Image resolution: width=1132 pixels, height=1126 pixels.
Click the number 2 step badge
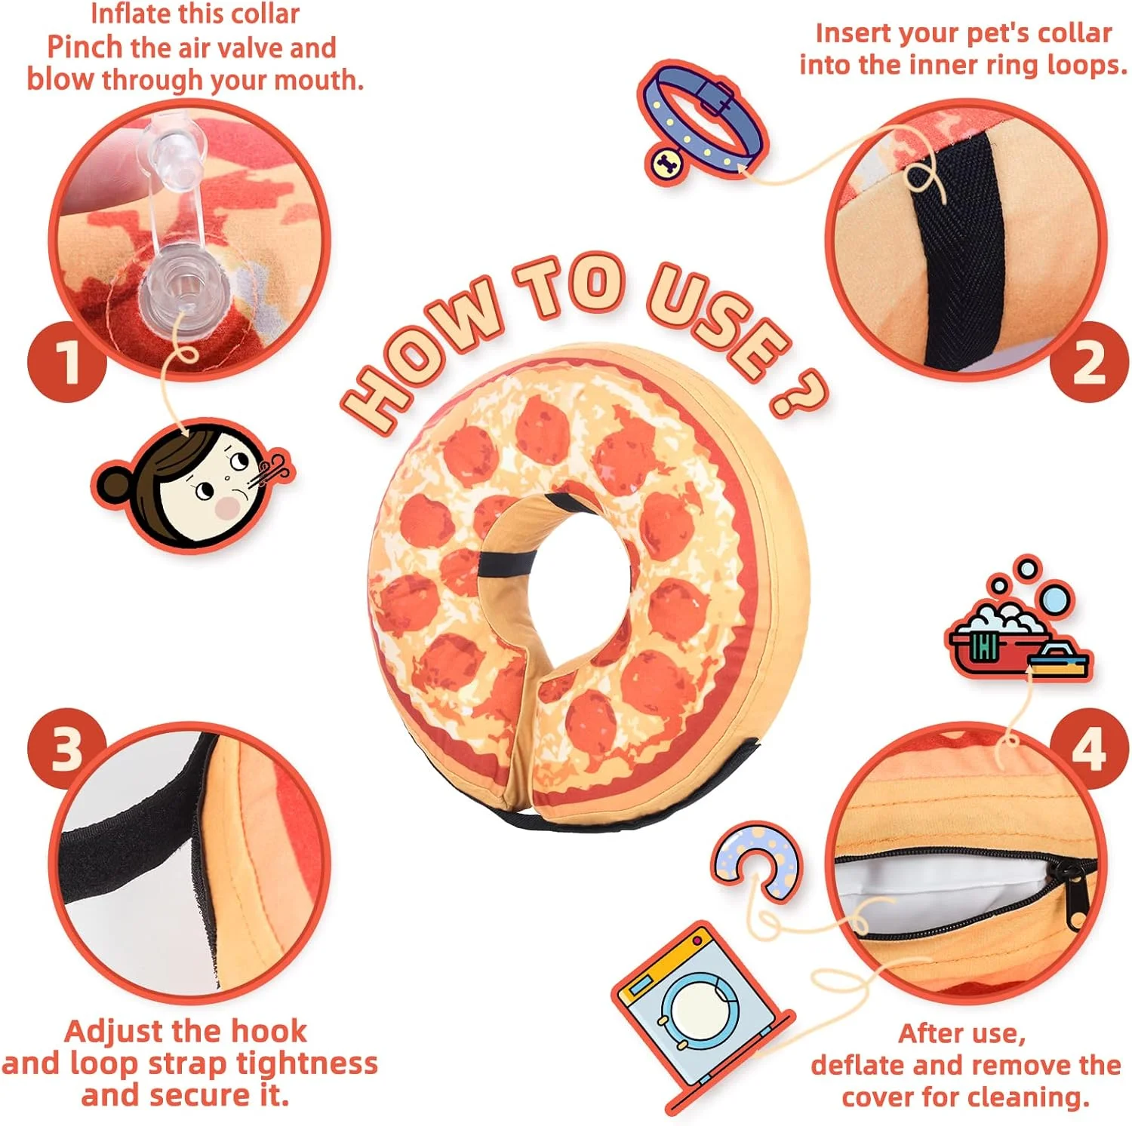tap(1089, 362)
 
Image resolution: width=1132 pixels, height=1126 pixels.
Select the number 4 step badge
tap(1089, 749)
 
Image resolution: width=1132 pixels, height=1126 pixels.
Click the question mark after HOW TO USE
tap(798, 392)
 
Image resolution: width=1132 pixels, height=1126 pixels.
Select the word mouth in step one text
tap(318, 80)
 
